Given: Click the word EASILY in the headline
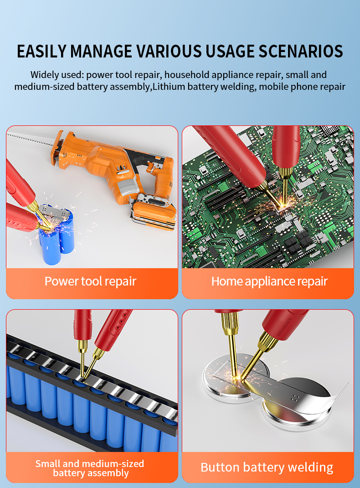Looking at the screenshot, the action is pyautogui.click(x=41, y=52).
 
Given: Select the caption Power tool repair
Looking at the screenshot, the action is pyautogui.click(x=91, y=281).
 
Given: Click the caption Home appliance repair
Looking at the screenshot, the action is pyautogui.click(x=269, y=281).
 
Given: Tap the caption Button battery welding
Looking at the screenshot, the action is pyautogui.click(x=267, y=467).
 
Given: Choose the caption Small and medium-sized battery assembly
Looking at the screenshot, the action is pyautogui.click(x=90, y=468).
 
